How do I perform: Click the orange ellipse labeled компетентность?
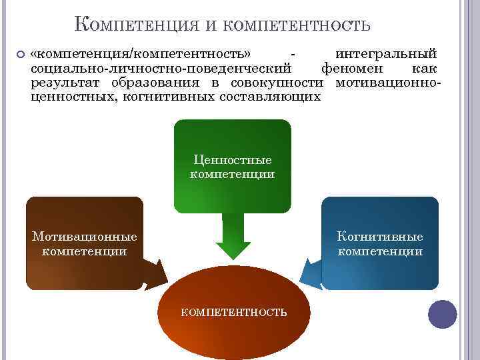click(234, 311)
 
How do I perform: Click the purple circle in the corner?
click(442, 314)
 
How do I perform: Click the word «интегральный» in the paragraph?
click(386, 53)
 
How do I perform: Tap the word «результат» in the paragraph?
click(59, 83)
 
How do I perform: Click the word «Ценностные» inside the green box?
click(232, 160)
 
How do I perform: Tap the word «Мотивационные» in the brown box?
click(85, 237)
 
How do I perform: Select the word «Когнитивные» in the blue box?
click(380, 237)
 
